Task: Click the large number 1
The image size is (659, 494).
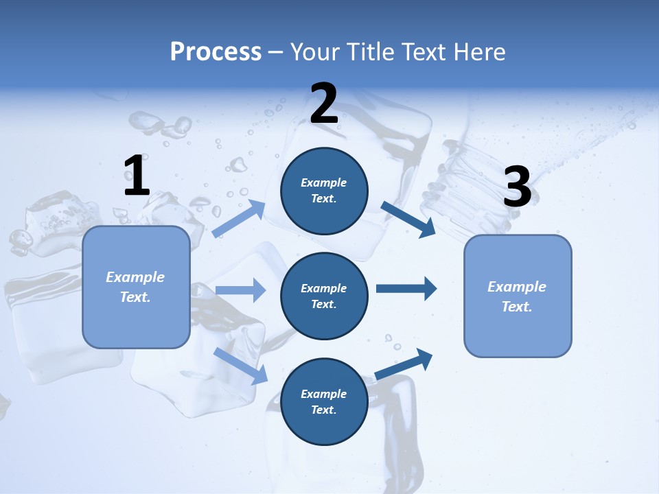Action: click(x=137, y=176)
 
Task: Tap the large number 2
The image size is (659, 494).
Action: click(x=324, y=104)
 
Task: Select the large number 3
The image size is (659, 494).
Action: click(x=518, y=187)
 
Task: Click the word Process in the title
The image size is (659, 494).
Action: click(x=216, y=51)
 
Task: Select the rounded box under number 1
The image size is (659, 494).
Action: click(x=136, y=287)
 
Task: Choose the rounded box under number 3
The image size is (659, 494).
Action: click(x=518, y=296)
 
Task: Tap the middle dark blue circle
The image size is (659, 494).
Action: click(x=324, y=296)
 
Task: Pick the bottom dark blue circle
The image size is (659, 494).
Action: click(x=324, y=401)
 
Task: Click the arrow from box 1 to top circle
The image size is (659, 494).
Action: click(x=238, y=219)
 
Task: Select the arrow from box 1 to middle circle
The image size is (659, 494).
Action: click(x=240, y=290)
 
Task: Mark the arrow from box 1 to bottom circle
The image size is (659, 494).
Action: click(x=240, y=366)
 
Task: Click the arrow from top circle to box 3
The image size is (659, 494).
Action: click(x=408, y=219)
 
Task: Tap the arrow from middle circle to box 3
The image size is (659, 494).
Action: click(x=406, y=289)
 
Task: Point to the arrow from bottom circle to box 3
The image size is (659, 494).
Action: click(x=404, y=364)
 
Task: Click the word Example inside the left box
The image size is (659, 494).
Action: click(x=135, y=277)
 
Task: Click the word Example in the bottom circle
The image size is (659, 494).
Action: click(x=323, y=394)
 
